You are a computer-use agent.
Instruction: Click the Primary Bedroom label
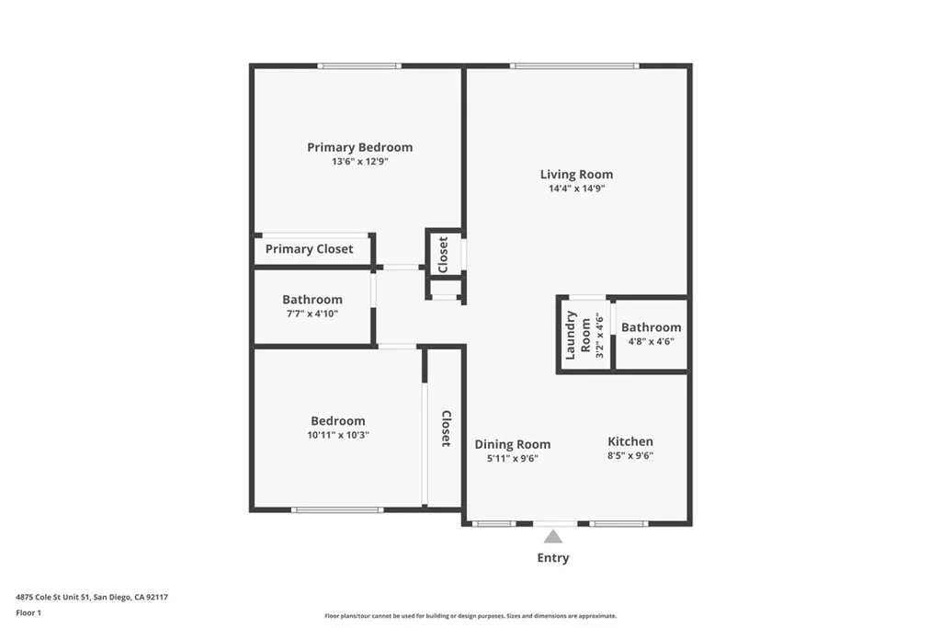(359, 147)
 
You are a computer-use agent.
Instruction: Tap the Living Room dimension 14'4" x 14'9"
(576, 188)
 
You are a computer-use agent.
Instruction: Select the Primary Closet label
(309, 249)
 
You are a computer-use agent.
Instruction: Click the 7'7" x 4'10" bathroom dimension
(312, 314)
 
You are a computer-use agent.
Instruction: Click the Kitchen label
(630, 441)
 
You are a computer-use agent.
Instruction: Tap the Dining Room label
(513, 444)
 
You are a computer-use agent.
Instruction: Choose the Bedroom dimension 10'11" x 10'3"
(337, 435)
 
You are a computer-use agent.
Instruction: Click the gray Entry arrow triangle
(552, 537)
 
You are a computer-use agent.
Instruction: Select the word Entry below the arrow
(552, 557)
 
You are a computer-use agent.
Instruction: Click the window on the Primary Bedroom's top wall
(359, 65)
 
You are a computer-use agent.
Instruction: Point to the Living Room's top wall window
(574, 65)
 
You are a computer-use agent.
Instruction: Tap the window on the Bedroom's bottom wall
(337, 509)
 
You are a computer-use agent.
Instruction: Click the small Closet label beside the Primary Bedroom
(444, 254)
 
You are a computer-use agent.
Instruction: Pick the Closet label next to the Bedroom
(446, 428)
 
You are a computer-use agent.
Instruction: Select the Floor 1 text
(28, 611)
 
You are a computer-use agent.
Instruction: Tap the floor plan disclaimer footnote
(470, 616)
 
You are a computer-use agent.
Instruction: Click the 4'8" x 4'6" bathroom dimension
(651, 341)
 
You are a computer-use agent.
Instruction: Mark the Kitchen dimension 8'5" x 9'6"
(630, 455)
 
